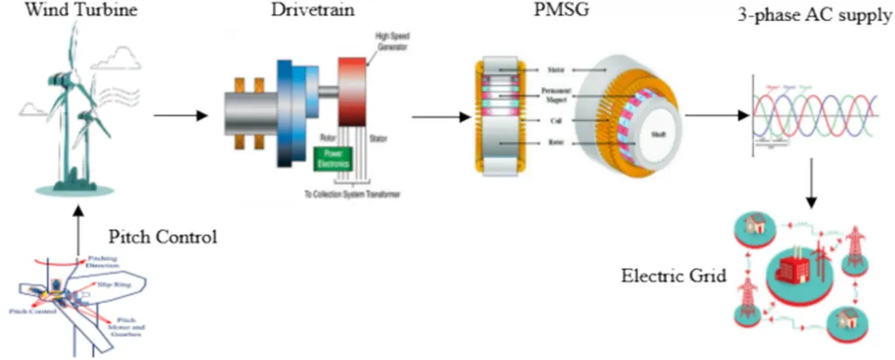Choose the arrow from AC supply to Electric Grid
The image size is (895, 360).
[x=812, y=183]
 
